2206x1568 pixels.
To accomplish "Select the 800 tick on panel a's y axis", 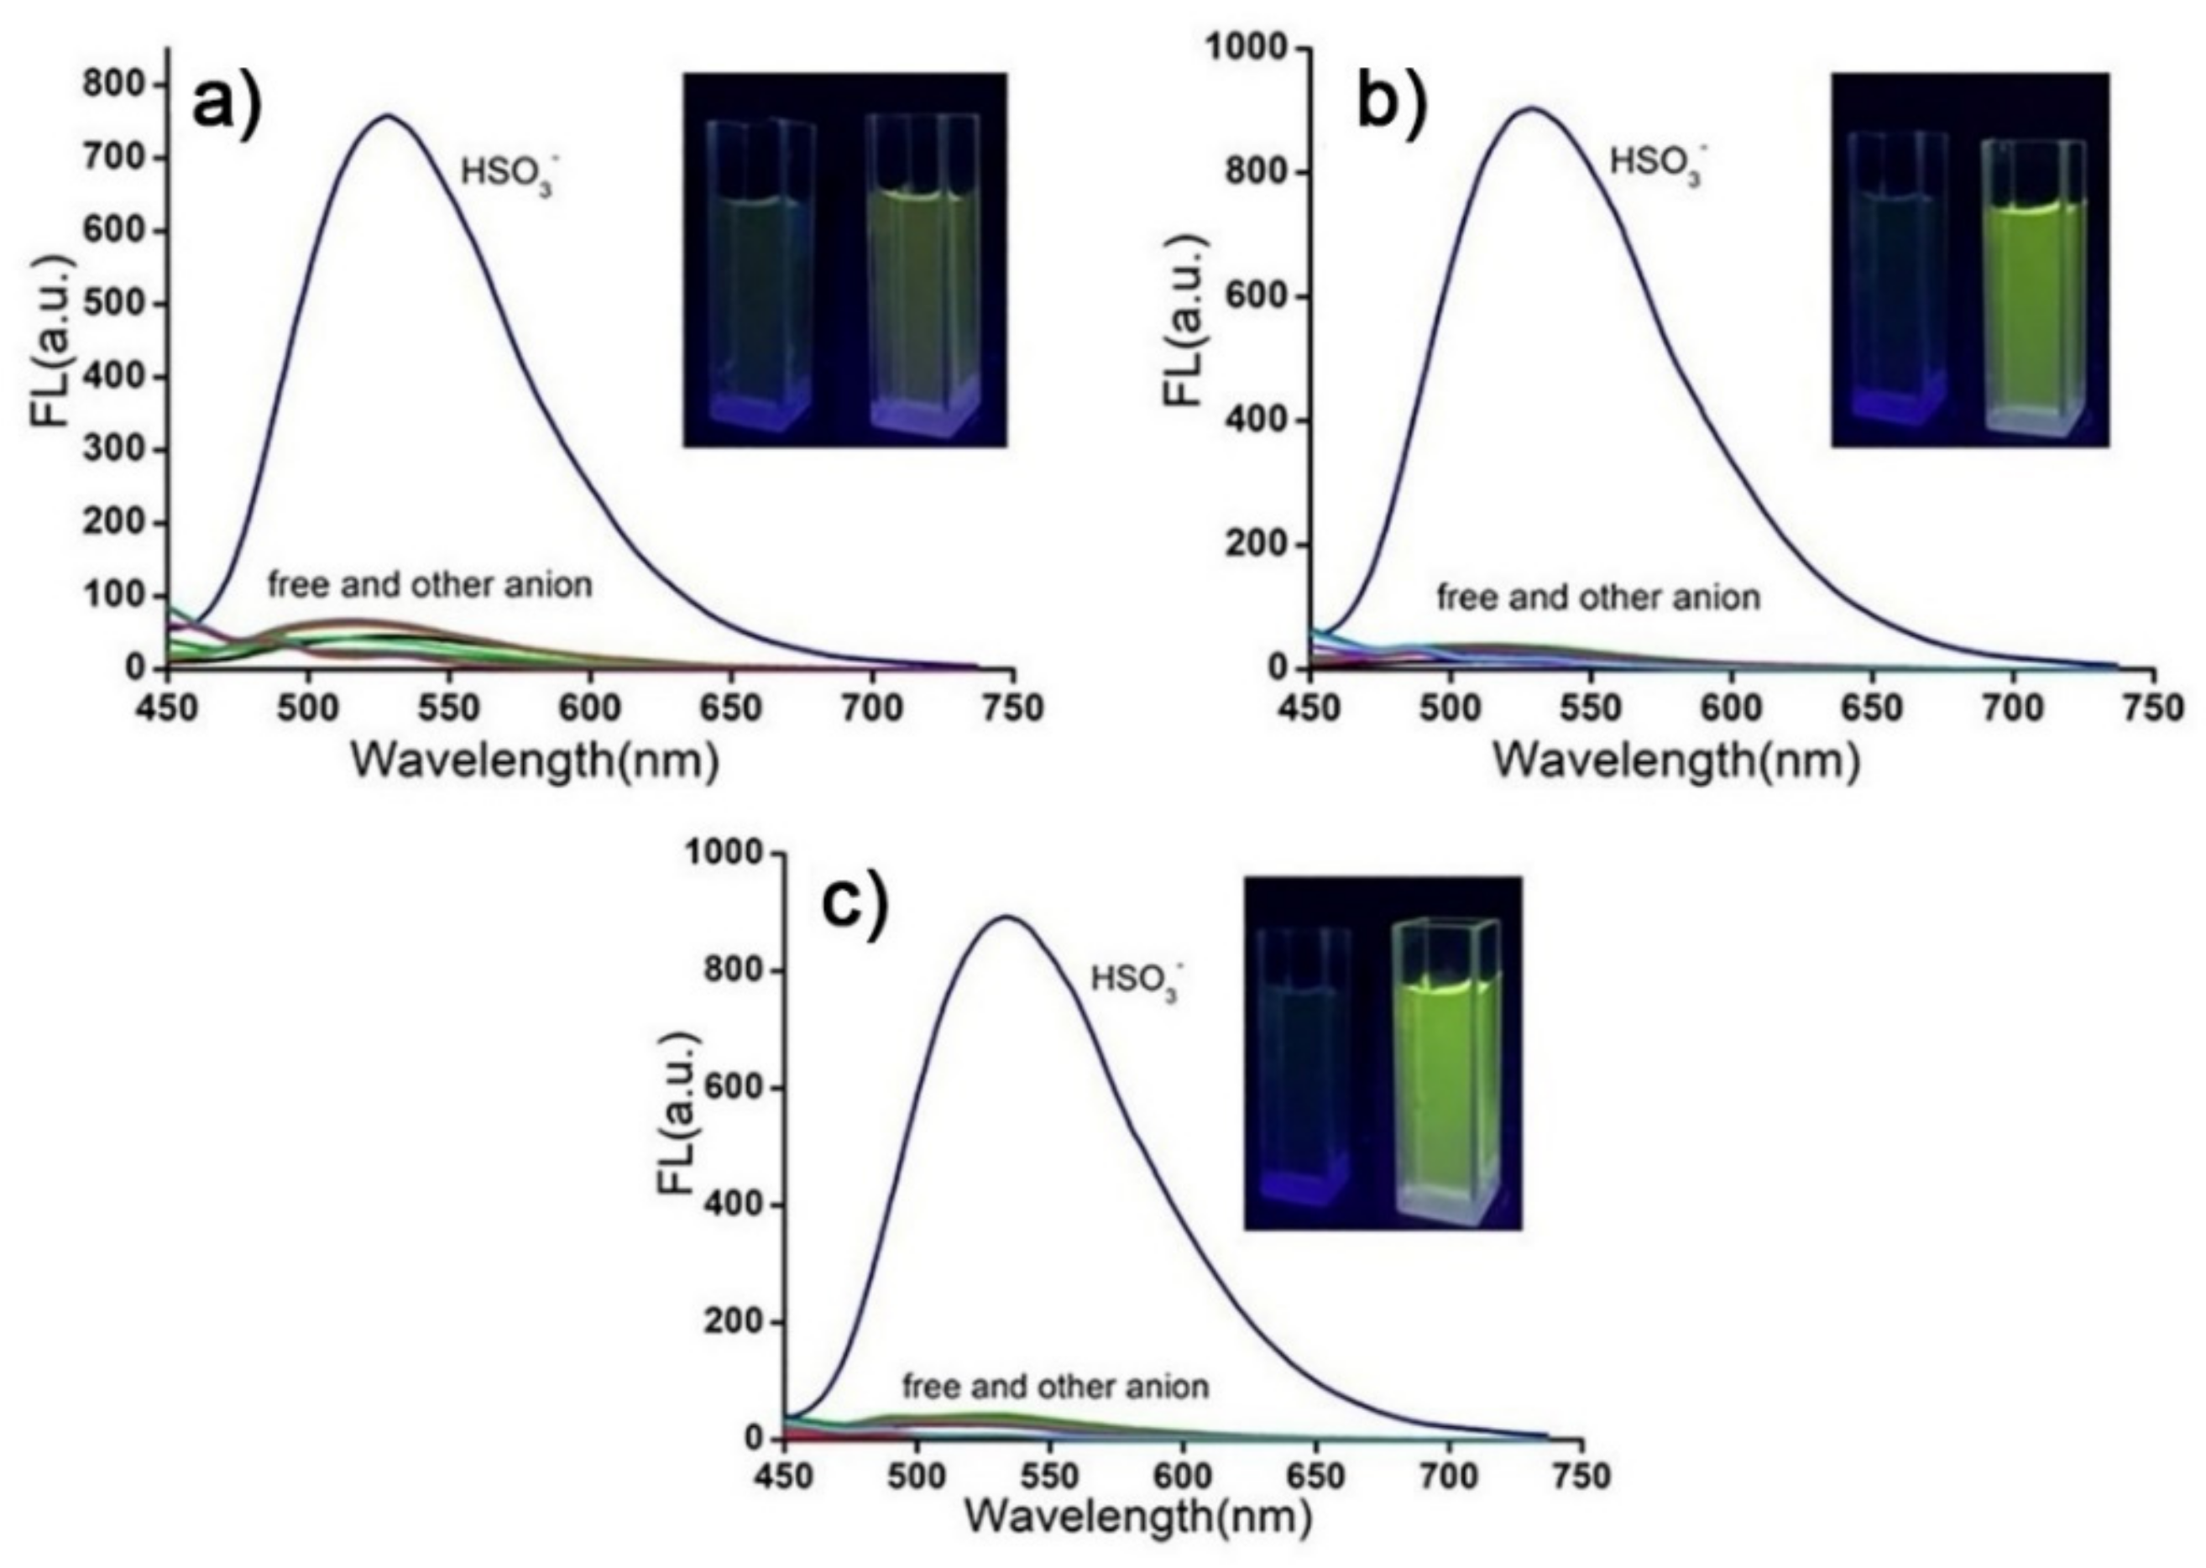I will pos(116,85).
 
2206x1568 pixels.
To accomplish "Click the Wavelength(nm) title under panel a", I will pos(535,762).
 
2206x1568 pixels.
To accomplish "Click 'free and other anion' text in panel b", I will pos(1597,598).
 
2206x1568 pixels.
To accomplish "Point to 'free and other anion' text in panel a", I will pos(430,585).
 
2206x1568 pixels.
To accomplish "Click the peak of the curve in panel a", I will pos(387,115).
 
